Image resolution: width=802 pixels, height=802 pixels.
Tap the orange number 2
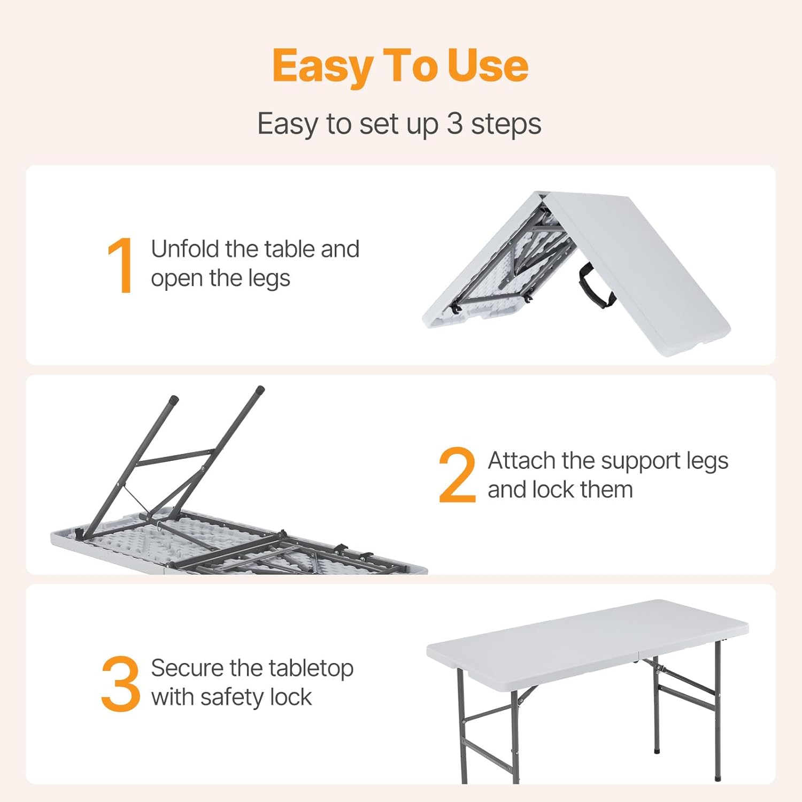coord(457,475)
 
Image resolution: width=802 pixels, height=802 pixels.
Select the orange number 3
coord(120,684)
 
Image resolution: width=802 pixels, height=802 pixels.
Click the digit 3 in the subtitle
coord(454,124)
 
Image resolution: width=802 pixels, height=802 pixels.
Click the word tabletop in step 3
coord(311,669)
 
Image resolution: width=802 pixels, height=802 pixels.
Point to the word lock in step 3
coord(291,697)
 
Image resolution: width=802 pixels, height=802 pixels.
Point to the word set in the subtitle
coord(376,125)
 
